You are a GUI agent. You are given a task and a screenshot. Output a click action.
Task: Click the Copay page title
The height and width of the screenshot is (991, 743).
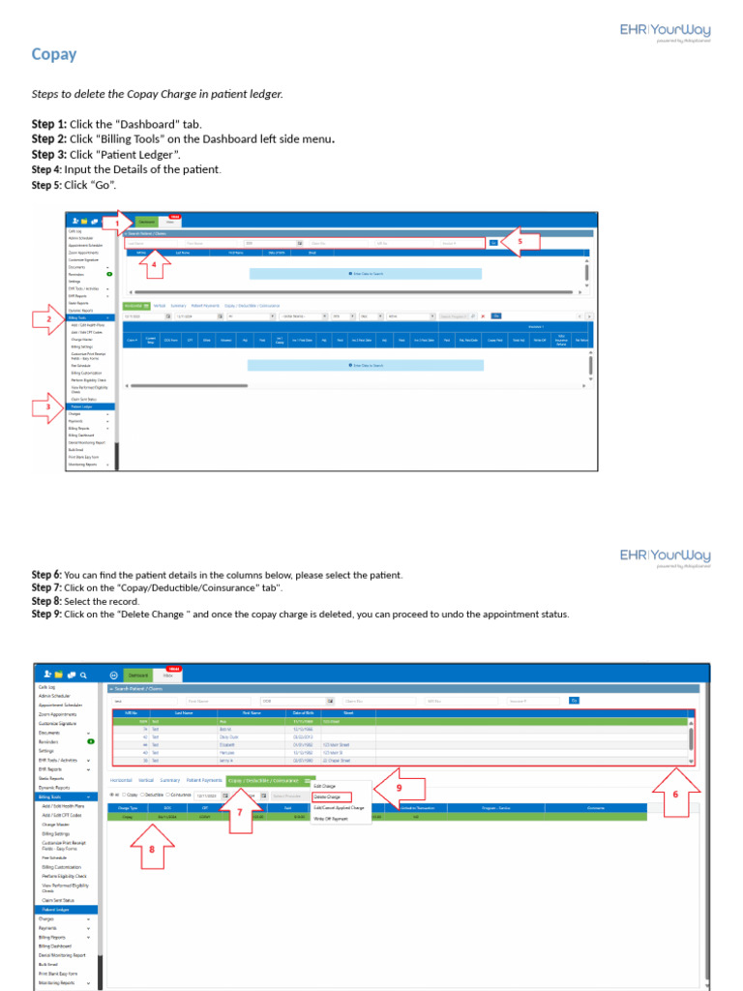point(54,54)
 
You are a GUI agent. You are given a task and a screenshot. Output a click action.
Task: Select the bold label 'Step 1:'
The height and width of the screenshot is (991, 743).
point(49,124)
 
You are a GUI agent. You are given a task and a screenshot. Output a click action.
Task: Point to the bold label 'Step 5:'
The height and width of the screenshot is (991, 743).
point(46,185)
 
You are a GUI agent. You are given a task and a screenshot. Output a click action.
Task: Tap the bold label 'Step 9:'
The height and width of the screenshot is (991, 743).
point(46,615)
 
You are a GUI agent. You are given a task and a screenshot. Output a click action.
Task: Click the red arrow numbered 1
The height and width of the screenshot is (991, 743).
point(116,224)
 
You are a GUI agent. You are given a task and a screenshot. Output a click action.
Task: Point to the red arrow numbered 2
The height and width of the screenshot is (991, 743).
point(48,318)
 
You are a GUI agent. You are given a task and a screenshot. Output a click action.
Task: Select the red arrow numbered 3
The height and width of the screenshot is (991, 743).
point(48,407)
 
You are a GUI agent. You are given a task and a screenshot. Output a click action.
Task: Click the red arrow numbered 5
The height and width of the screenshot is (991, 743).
point(520,242)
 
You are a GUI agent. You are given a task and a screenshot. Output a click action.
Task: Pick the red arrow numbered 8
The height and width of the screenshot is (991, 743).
point(152,848)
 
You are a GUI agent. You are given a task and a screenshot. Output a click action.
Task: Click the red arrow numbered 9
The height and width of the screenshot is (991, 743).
point(398,787)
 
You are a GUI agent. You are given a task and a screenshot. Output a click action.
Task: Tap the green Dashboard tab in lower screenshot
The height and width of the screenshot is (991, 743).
point(138,675)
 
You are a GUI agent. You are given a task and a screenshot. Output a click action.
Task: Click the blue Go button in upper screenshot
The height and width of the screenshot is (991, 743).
point(493,243)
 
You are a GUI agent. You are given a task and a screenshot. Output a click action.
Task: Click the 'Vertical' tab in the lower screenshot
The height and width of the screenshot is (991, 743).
point(146,779)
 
